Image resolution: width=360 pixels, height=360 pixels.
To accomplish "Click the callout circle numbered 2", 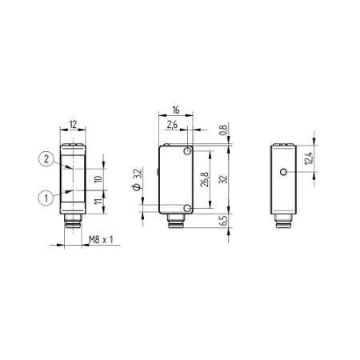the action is pyautogui.click(x=46, y=159).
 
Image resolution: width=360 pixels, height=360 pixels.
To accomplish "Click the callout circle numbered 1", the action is pyautogui.click(x=46, y=198).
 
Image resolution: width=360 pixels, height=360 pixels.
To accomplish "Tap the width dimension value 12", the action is pyautogui.click(x=73, y=124).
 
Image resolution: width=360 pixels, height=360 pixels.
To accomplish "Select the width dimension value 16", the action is pyautogui.click(x=176, y=110).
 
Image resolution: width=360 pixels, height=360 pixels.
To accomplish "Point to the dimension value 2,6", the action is pyautogui.click(x=172, y=125).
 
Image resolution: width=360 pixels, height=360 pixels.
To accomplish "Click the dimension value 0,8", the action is pyautogui.click(x=224, y=130).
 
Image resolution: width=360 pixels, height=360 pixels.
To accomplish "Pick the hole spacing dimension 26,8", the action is pyautogui.click(x=206, y=179).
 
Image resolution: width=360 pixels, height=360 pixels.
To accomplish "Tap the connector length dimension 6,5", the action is pyautogui.click(x=224, y=220).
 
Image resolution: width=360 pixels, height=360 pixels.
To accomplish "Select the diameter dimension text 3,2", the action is pyautogui.click(x=137, y=180).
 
